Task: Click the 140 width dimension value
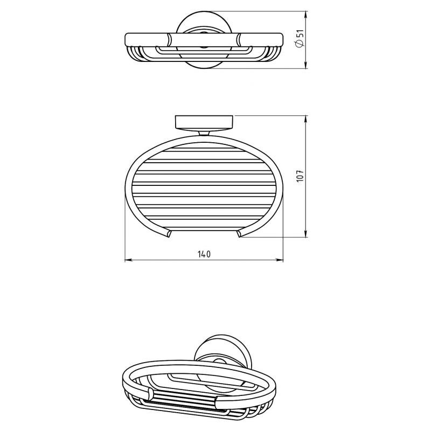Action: pyautogui.click(x=204, y=254)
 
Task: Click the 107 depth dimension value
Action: pyautogui.click(x=300, y=176)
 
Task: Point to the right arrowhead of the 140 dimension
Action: pyautogui.click(x=280, y=260)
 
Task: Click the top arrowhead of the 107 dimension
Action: pyautogui.click(x=306, y=119)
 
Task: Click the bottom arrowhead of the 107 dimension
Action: pyautogui.click(x=306, y=233)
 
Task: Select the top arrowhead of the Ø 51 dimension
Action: pyautogui.click(x=306, y=15)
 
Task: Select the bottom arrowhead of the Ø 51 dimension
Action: pyautogui.click(x=306, y=65)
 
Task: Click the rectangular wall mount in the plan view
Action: pyautogui.click(x=204, y=122)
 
